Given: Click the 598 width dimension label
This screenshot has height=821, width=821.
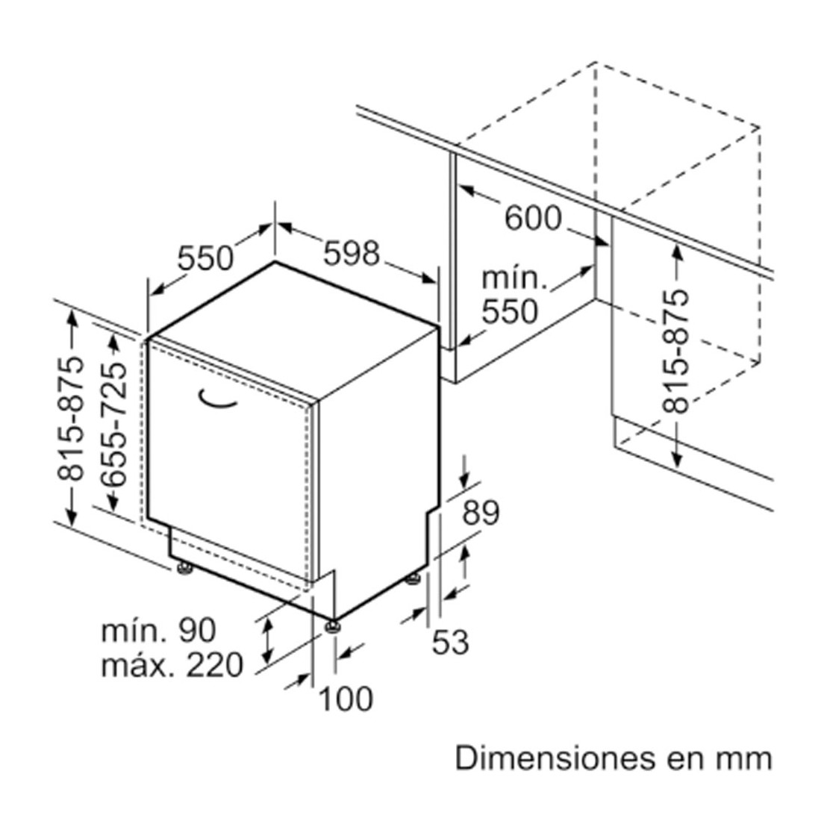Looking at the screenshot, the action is tap(351, 253).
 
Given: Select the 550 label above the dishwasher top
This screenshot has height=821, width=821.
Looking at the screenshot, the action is tap(205, 257).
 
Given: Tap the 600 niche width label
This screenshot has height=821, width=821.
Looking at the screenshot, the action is tap(532, 218).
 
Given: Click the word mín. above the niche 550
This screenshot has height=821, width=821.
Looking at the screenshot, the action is tap(514, 278).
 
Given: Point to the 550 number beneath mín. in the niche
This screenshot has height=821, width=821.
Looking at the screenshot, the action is tap(510, 311).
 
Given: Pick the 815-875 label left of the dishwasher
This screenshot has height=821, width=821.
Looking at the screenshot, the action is tap(70, 418).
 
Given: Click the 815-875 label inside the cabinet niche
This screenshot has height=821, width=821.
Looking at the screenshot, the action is tap(674, 351).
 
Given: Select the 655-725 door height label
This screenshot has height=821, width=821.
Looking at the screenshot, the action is tap(113, 425).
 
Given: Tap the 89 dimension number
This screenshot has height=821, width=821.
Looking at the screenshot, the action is tap(481, 513).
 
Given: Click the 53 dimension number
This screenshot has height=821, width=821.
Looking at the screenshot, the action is tap(450, 641).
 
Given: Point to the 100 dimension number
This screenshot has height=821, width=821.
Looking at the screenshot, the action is tap(346, 699).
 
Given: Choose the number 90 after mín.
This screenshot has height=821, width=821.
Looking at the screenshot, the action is tap(197, 630).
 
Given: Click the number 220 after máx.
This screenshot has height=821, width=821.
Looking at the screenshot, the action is tap(215, 665).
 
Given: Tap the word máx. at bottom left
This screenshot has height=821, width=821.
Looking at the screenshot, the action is tap(139, 665).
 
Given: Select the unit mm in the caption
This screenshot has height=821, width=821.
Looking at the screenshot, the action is tap(748, 761).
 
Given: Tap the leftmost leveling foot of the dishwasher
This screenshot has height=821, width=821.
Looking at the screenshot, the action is tap(184, 569).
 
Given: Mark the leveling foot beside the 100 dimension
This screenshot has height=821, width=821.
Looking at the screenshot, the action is tap(332, 627).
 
